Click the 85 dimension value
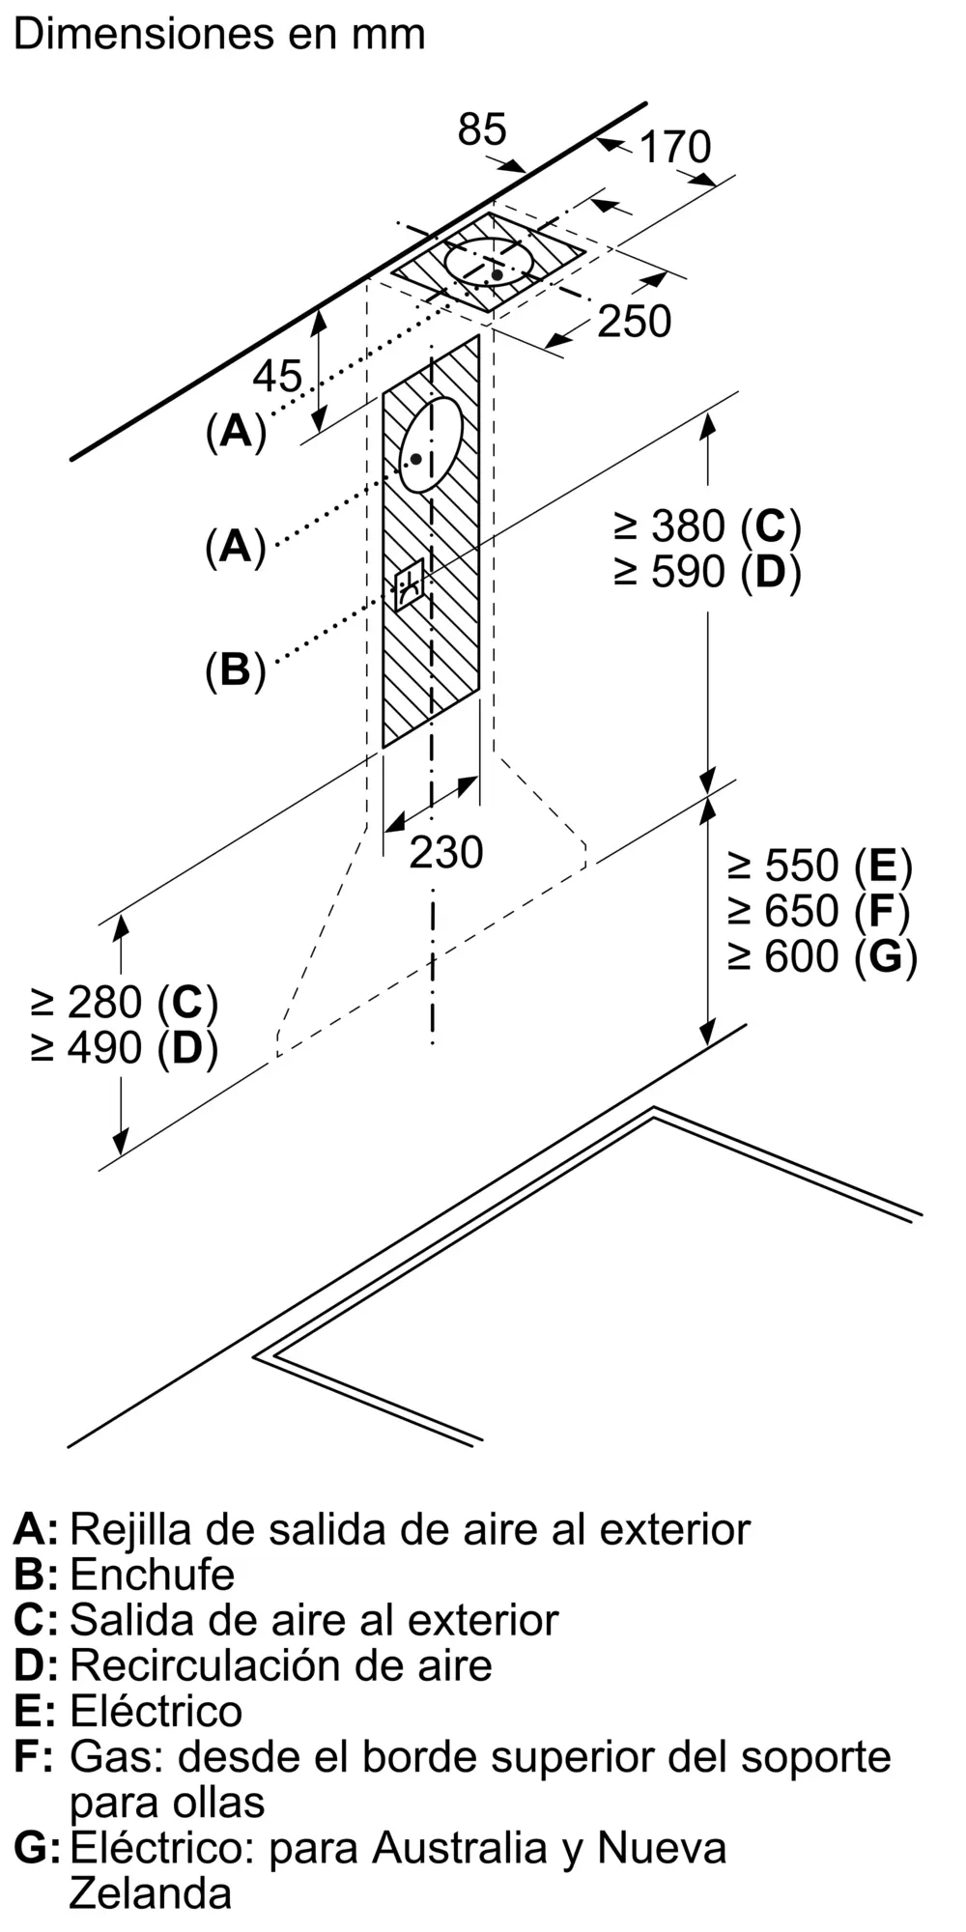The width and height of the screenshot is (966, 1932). [x=482, y=129]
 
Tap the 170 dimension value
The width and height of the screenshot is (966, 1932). [x=675, y=147]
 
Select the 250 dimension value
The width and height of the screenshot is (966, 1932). [x=634, y=322]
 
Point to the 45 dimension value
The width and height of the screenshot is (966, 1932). [x=278, y=376]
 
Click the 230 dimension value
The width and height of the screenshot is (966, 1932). [x=445, y=852]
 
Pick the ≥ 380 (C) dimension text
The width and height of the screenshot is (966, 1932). [x=707, y=526]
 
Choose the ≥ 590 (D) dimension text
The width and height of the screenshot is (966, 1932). [x=707, y=572]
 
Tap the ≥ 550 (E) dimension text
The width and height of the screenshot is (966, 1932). [x=820, y=866]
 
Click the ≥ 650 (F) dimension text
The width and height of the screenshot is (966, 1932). [x=819, y=911]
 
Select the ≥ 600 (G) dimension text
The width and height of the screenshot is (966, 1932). [x=822, y=956]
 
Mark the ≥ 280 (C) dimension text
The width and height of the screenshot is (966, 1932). [x=125, y=1003]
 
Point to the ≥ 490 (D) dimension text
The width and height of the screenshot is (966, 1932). [x=125, y=1048]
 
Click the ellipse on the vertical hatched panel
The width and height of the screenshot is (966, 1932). [x=430, y=444]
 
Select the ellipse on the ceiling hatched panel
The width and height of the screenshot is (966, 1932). [x=489, y=263]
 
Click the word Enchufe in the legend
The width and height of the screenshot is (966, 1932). [x=153, y=1575]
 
